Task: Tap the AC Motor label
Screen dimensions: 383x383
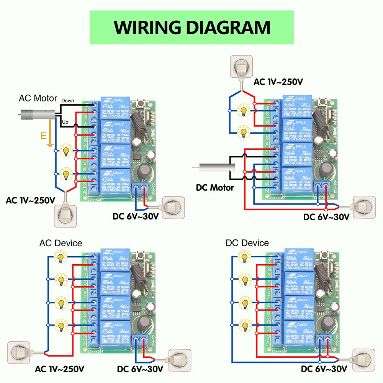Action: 38,98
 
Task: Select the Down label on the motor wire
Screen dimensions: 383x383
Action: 68,100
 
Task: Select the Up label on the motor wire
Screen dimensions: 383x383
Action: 65,121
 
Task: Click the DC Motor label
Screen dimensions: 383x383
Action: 215,188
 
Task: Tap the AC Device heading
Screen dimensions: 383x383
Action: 61,243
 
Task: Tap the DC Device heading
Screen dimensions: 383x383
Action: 247,243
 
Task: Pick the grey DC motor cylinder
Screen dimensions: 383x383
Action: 214,167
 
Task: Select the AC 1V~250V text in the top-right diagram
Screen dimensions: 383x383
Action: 278,82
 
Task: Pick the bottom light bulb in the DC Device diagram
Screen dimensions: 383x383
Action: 244,326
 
